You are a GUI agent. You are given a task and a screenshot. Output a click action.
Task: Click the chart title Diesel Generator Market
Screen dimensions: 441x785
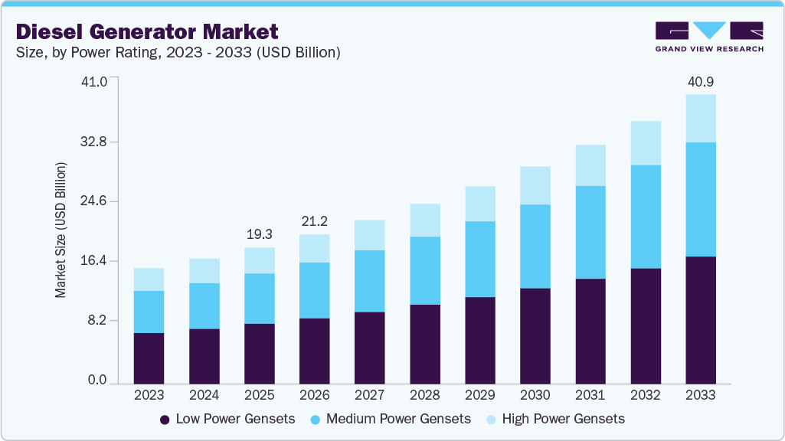pos(146,31)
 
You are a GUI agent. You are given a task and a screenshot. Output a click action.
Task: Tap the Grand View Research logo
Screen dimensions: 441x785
pos(709,36)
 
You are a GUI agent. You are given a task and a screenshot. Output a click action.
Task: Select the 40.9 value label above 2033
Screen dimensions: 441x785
pos(700,81)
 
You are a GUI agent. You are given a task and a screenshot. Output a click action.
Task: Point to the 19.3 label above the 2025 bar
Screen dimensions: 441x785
pos(259,234)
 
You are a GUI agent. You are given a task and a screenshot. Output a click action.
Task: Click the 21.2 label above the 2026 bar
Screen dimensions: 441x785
pos(314,221)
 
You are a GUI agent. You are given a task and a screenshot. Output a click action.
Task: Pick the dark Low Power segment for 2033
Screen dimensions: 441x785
pos(700,320)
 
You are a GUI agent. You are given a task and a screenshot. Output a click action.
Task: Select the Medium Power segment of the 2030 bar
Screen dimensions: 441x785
pos(535,247)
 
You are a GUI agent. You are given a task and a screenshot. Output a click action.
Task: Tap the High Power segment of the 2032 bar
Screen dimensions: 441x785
pos(645,143)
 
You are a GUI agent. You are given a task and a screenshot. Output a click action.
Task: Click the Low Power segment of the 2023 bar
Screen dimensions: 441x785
pos(149,358)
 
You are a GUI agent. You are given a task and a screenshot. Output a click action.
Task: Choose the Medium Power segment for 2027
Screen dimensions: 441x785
pos(369,281)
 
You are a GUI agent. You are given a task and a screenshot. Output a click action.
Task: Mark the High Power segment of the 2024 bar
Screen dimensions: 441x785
pos(204,271)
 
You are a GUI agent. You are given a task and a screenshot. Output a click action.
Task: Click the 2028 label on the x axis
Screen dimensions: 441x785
pos(424,396)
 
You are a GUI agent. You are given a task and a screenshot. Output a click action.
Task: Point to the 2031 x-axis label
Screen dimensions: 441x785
pos(590,396)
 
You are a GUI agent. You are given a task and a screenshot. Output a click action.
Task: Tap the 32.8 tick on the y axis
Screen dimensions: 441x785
pos(96,142)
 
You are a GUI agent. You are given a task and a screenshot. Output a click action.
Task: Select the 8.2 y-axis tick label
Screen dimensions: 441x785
pos(100,320)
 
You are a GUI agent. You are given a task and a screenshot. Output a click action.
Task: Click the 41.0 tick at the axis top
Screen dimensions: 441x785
pos(96,81)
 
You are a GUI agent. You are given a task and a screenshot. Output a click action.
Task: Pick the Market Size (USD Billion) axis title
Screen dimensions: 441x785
pos(61,230)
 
